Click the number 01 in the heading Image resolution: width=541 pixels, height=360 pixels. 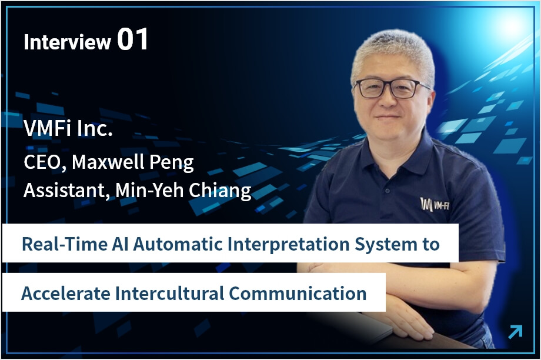click(133, 39)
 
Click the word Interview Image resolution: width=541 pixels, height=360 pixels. click(67, 42)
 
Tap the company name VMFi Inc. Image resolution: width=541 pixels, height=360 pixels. click(68, 128)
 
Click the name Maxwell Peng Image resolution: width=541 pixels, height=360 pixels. click(133, 162)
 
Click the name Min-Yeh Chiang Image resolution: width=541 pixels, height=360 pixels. click(183, 191)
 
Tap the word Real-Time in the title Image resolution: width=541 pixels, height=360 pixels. click(65, 244)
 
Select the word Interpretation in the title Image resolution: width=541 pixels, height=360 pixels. click(289, 245)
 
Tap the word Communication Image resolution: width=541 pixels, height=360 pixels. click(298, 294)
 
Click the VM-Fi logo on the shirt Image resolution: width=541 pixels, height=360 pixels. click(435, 205)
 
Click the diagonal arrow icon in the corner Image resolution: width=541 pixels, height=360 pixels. click(516, 332)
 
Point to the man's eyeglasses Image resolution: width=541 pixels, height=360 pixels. click(392, 88)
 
